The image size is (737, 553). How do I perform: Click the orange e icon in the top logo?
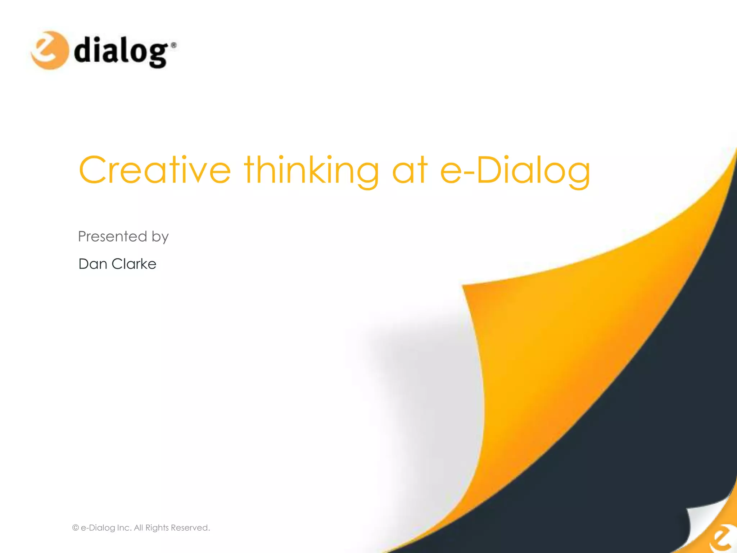[x=49, y=50]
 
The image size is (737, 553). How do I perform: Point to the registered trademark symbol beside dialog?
[x=173, y=45]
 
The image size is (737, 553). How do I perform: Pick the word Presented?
[x=113, y=237]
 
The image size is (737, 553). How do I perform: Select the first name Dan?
[x=93, y=264]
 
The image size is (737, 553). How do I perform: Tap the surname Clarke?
[x=134, y=264]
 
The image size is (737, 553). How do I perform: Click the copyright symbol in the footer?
[x=76, y=528]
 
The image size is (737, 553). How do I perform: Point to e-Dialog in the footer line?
[x=98, y=528]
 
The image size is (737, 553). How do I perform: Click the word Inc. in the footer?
[x=124, y=528]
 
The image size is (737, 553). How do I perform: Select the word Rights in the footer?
[x=157, y=528]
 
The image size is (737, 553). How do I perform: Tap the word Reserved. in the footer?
[x=190, y=528]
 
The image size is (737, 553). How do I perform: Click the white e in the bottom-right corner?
[x=723, y=538]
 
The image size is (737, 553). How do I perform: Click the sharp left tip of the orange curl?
[x=464, y=287]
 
